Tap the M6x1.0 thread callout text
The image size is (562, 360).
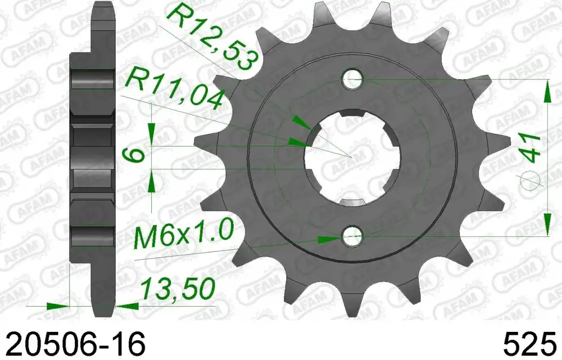[182, 236]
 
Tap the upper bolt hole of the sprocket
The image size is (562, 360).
[353, 79]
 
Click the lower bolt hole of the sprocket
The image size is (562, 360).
[353, 236]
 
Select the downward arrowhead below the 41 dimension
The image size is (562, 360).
[547, 224]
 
